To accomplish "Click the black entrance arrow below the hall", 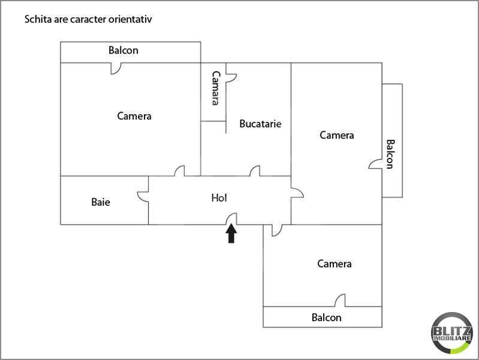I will [x=231, y=233].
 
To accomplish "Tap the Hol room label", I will [x=219, y=197].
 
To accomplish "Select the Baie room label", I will [x=101, y=202].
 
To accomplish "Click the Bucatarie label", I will [x=260, y=124].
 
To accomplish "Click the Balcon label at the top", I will [x=123, y=50].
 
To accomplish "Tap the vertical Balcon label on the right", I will [x=390, y=154].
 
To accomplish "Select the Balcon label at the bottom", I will [x=327, y=317].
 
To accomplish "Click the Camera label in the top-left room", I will [x=134, y=116].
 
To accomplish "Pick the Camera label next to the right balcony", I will [x=337, y=135].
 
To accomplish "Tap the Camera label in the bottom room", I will [x=335, y=263].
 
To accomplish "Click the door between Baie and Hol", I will [x=143, y=197].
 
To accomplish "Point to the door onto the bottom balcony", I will [x=340, y=301].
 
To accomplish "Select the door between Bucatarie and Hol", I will [x=255, y=171].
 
